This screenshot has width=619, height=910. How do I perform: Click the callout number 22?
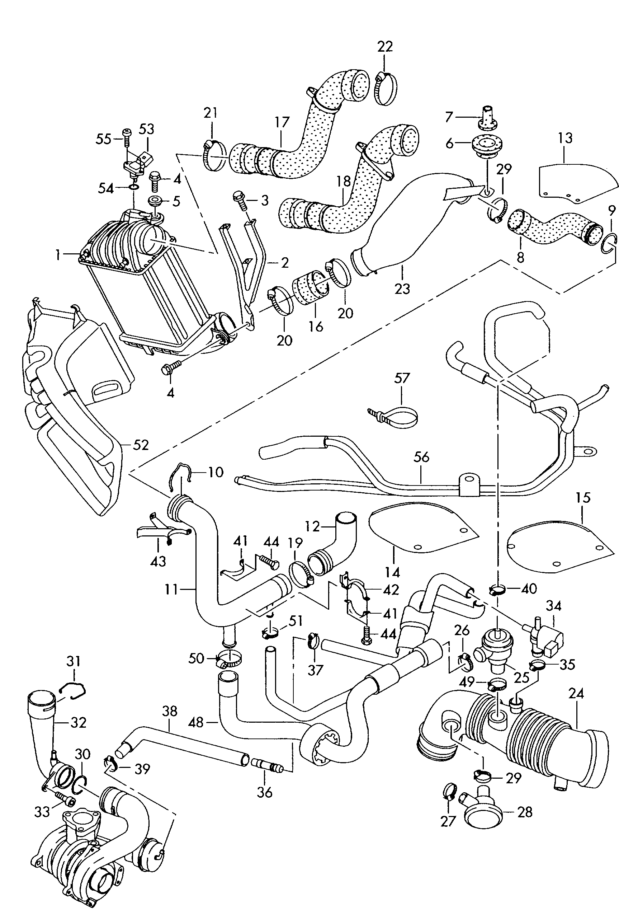click(x=384, y=47)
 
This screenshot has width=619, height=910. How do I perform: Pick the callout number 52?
click(x=141, y=445)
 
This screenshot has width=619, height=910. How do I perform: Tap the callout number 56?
click(x=421, y=457)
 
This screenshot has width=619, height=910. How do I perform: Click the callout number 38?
click(x=169, y=712)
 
